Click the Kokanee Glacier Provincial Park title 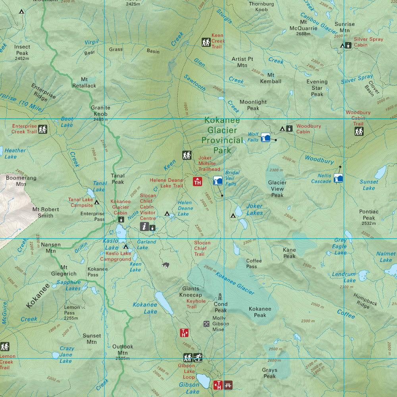tap(222, 135)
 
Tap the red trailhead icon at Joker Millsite tap(197, 181)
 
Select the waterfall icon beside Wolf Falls tap(266, 137)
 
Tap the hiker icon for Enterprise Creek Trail tap(42, 129)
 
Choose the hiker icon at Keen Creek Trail tap(206, 42)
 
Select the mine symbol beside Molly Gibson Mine tap(206, 324)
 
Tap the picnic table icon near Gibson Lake tap(227, 385)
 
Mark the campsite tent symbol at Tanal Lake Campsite tap(96, 202)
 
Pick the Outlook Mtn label tap(122, 349)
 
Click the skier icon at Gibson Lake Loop tap(198, 357)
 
